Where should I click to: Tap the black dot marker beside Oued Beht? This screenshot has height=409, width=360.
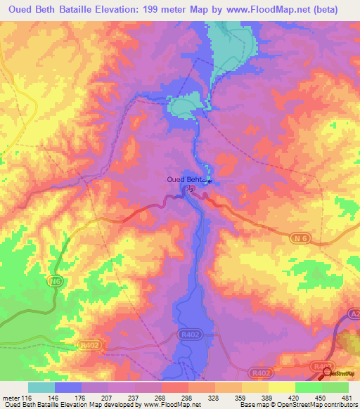(209, 182)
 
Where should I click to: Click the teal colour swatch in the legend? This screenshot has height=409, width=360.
(41, 387)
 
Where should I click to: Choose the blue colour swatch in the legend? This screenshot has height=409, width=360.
(68, 387)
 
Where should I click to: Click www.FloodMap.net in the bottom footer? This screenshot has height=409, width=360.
(170, 404)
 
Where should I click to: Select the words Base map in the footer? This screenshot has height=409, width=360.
(253, 404)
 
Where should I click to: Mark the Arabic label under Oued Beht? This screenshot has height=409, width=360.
(188, 188)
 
